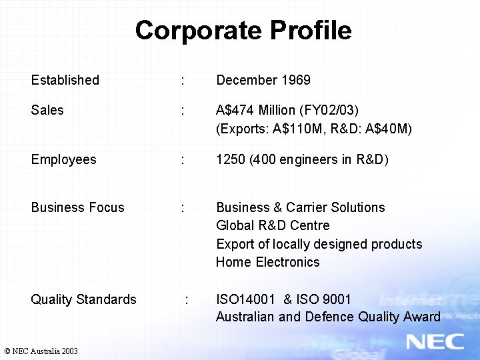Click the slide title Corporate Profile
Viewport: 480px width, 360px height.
pyautogui.click(x=243, y=31)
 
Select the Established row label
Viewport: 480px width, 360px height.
pyautogui.click(x=65, y=80)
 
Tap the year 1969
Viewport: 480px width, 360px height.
pyautogui.click(x=295, y=80)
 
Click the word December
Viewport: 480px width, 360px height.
pyautogui.click(x=246, y=80)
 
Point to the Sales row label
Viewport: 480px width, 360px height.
pyautogui.click(x=47, y=110)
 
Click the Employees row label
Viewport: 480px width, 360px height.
pyautogui.click(x=63, y=159)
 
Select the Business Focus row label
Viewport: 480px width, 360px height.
pyautogui.click(x=77, y=207)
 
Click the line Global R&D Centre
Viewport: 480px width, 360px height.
pyautogui.click(x=273, y=225)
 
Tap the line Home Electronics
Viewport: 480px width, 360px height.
pyautogui.click(x=267, y=262)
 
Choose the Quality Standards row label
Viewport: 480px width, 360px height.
pyautogui.click(x=83, y=299)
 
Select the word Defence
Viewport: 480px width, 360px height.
pyautogui.click(x=329, y=317)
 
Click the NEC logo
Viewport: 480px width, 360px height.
pyautogui.click(x=435, y=341)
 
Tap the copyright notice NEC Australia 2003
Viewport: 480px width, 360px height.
pyautogui.click(x=41, y=351)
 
